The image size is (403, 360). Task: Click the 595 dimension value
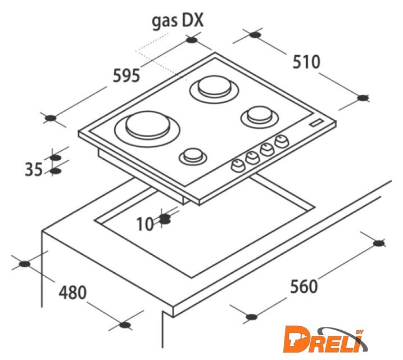tap(126, 76)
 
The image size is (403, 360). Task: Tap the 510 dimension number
tap(306, 62)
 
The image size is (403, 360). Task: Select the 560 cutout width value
tap(304, 286)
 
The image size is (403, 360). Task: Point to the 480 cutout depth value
tap(73, 292)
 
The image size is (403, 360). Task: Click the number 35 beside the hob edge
tap(34, 169)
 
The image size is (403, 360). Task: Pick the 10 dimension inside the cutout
tap(145, 224)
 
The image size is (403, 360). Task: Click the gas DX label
tap(178, 21)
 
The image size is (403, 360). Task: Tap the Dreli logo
tap(325, 340)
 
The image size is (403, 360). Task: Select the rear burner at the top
tap(214, 89)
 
